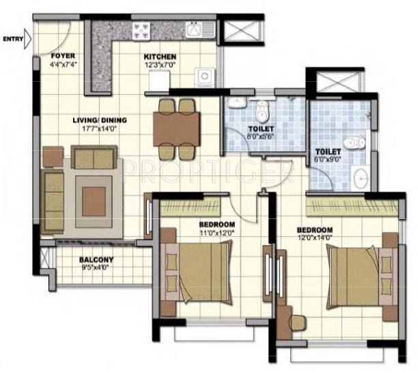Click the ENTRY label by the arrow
tap(12, 39)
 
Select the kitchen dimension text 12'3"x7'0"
tap(161, 66)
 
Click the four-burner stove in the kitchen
tap(141, 31)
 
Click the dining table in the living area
tap(177, 126)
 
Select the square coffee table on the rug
tap(94, 199)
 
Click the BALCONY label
tap(96, 259)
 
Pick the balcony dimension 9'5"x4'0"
tap(96, 268)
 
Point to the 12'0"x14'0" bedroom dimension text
tap(315, 238)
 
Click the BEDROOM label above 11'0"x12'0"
tap(217, 225)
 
